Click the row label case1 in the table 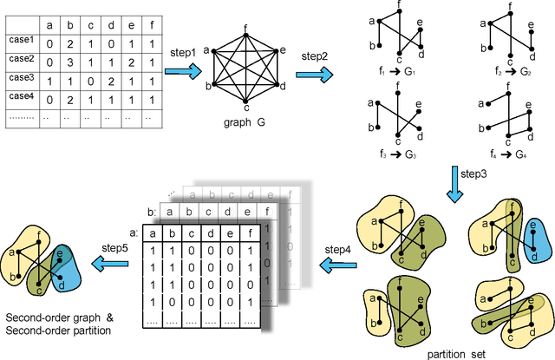(x=22, y=40)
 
